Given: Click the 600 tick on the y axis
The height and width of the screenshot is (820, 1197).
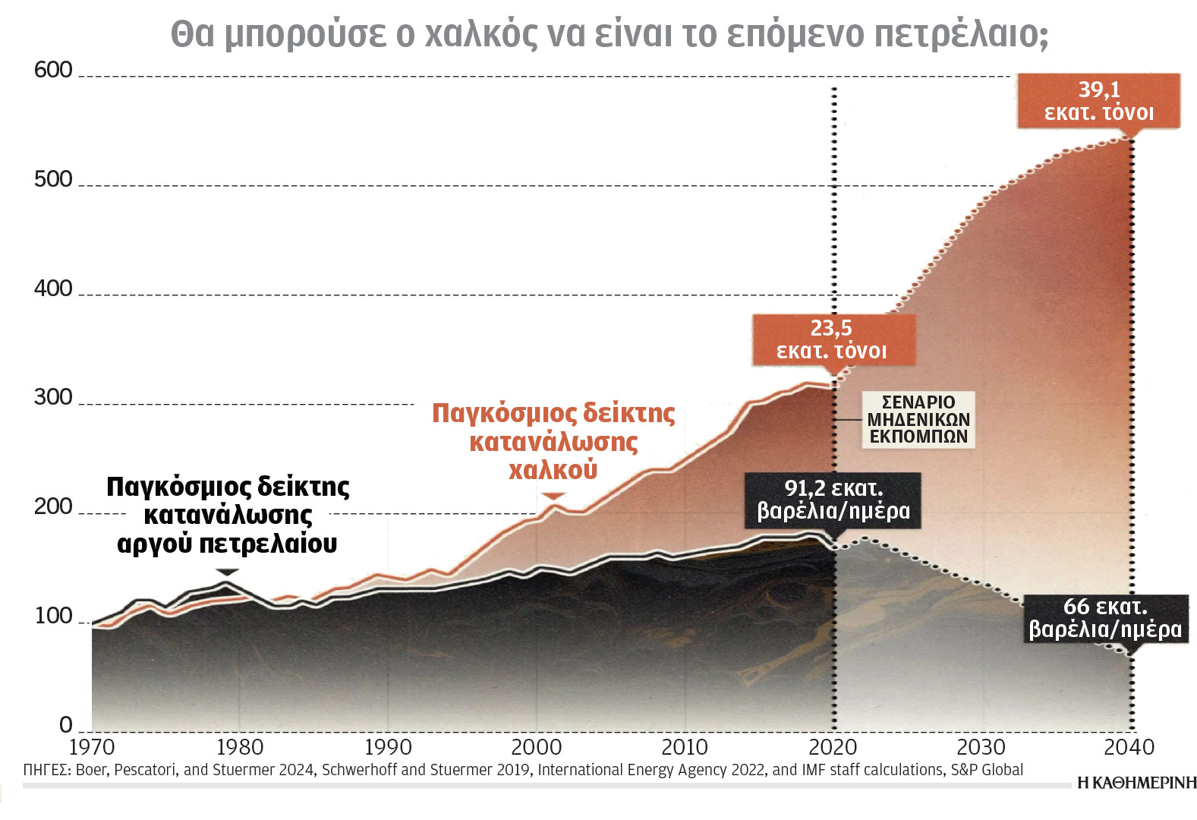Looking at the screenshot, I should click(x=53, y=70).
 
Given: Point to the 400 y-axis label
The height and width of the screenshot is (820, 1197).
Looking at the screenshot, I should click(x=53, y=289).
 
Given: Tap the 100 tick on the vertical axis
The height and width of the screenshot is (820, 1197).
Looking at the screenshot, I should click(x=53, y=616).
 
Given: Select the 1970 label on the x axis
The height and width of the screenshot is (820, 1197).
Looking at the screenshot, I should click(x=91, y=747).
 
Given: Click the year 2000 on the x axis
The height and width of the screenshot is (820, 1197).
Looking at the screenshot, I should click(x=537, y=747).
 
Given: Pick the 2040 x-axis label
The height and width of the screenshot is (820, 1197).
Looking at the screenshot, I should click(x=1129, y=747).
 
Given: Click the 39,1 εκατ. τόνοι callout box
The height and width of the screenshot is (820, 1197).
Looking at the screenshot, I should click(x=1098, y=101).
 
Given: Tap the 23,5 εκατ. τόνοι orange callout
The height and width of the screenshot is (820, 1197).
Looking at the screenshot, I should click(x=832, y=339).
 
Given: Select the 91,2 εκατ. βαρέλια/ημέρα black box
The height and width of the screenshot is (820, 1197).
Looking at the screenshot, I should click(x=833, y=500).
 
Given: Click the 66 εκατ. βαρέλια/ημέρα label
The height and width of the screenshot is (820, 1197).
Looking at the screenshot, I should click(x=1104, y=618).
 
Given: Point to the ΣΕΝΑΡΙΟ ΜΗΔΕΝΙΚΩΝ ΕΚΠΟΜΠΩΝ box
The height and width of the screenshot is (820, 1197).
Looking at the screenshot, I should click(x=918, y=419).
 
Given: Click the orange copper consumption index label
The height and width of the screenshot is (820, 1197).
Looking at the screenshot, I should click(x=553, y=441).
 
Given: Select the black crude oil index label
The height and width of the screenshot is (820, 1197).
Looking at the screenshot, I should click(x=228, y=515).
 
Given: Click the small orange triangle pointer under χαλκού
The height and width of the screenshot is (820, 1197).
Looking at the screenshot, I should click(x=554, y=496).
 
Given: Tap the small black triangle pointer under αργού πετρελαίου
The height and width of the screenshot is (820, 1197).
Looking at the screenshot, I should click(x=227, y=572).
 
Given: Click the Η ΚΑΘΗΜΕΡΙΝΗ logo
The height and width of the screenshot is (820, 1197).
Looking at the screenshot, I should click(x=1136, y=783).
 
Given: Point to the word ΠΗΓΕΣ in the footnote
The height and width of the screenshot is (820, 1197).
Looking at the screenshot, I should click(x=46, y=770).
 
